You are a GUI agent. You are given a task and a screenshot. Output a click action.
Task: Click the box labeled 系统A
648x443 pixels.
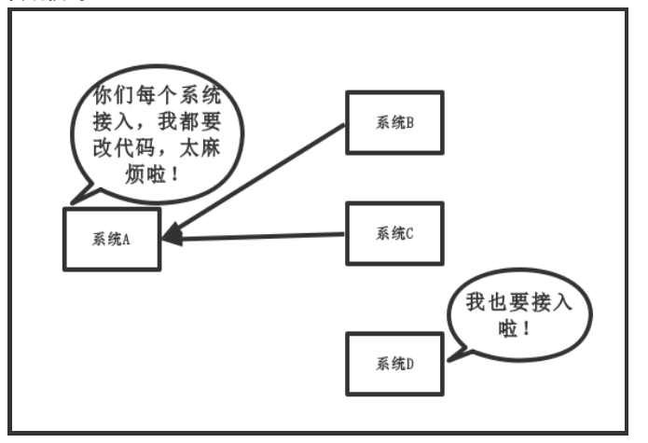(112, 239)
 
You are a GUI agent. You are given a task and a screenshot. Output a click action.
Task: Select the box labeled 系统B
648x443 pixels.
(394, 122)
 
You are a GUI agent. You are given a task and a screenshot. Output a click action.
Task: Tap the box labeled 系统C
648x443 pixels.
(394, 233)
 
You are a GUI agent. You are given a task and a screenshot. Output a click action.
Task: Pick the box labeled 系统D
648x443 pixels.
(394, 362)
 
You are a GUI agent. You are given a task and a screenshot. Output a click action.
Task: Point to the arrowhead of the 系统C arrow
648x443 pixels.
(173, 238)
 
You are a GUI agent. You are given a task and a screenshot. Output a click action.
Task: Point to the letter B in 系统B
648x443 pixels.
(409, 122)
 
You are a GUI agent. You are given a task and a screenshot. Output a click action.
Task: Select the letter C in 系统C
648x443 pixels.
(409, 233)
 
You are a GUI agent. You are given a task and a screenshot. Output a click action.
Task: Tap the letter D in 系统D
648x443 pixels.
(409, 362)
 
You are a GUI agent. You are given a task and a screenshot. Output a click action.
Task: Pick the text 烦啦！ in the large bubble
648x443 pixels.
(157, 174)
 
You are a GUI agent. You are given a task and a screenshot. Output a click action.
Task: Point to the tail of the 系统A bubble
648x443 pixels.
(79, 196)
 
